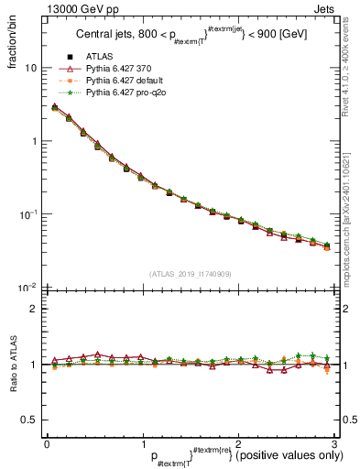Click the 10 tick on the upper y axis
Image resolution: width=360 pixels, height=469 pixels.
pyautogui.click(x=30, y=69)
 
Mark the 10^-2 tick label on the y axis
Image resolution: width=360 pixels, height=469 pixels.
pyautogui.click(x=27, y=288)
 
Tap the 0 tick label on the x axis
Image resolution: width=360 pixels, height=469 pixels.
pyautogui.click(x=47, y=444)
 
